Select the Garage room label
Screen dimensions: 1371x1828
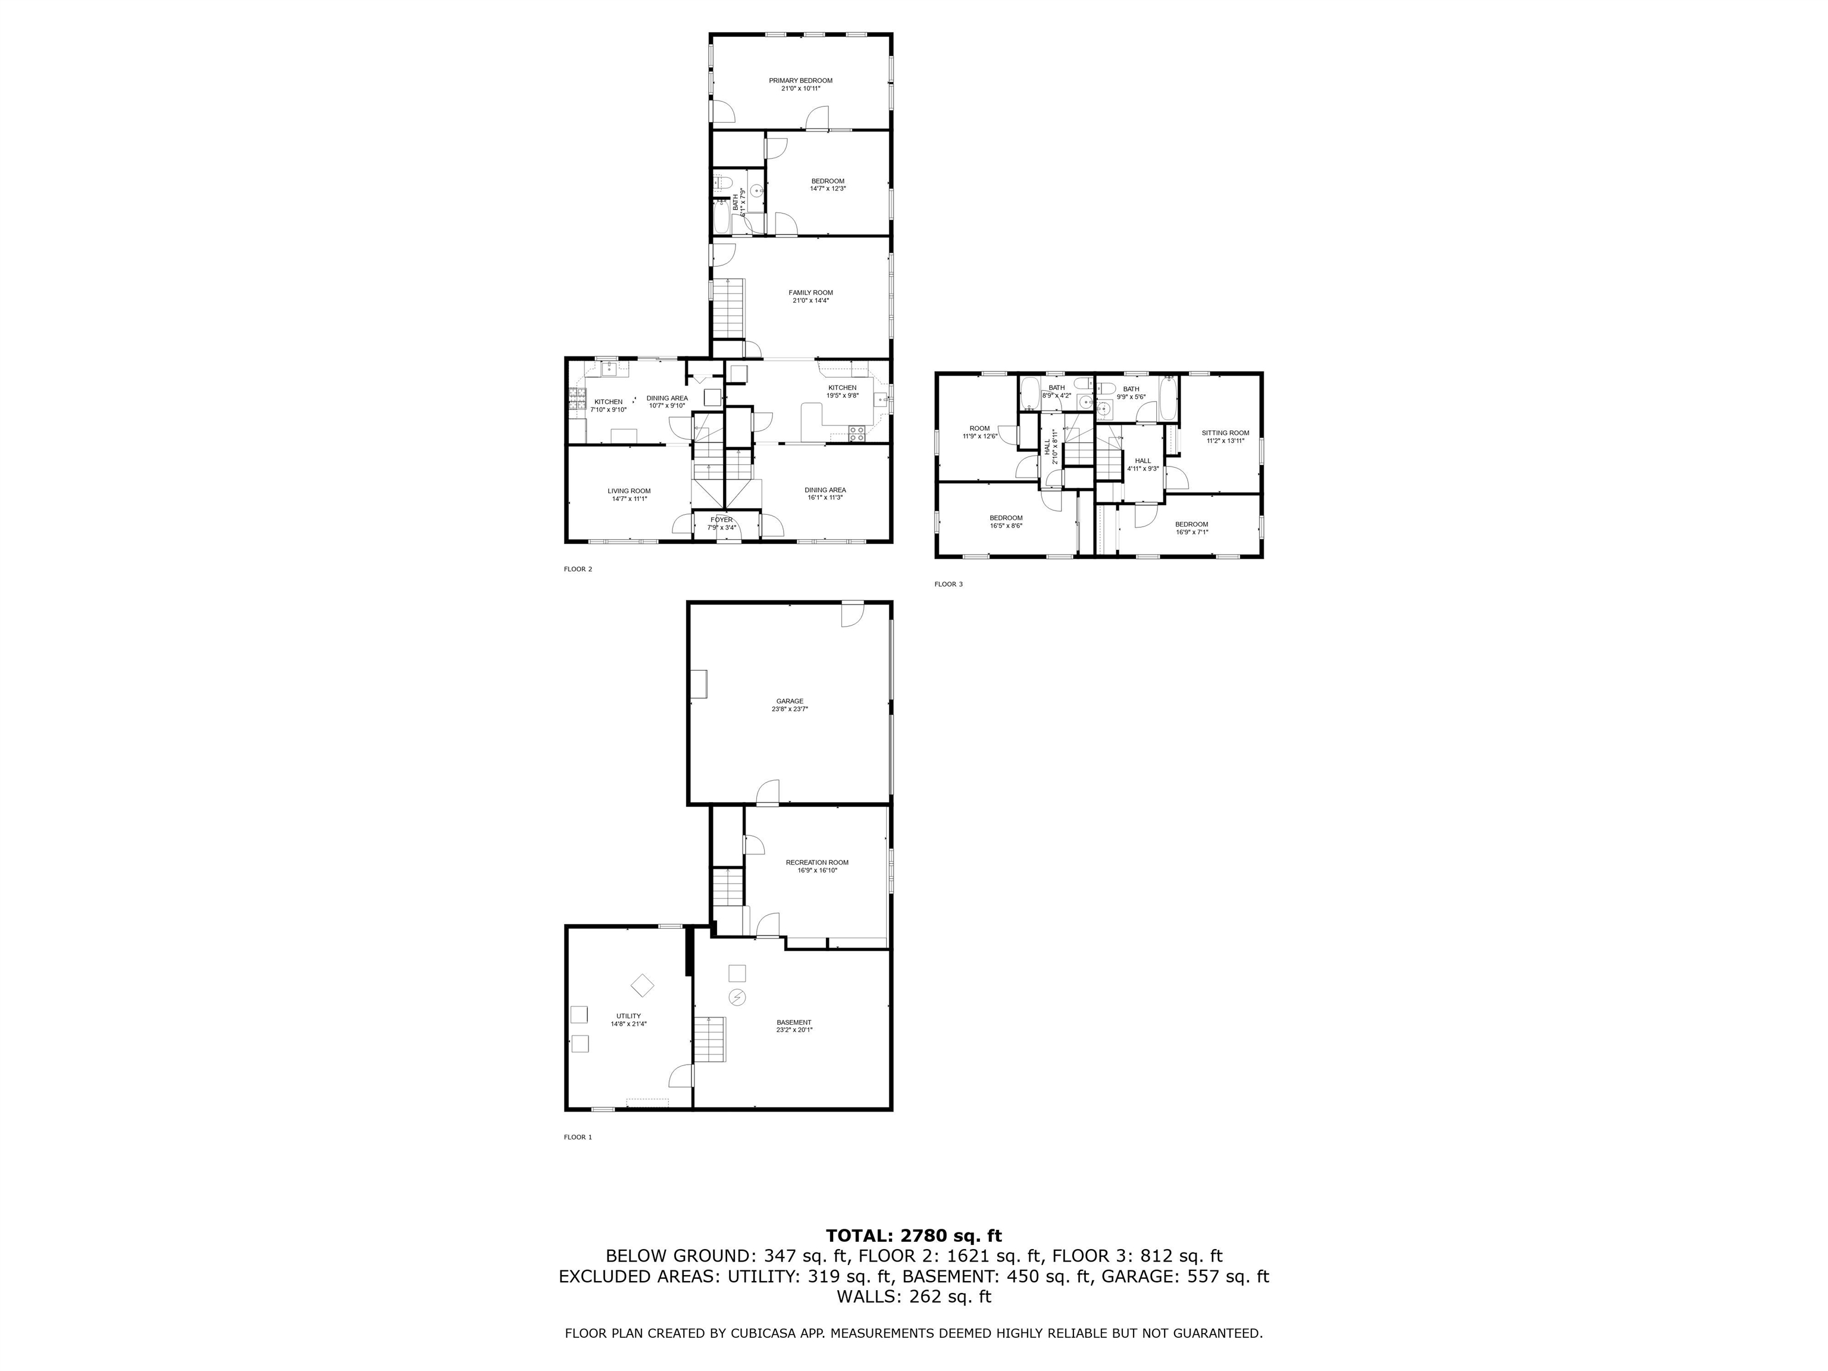click(x=789, y=701)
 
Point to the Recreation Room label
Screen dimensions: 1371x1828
click(x=816, y=862)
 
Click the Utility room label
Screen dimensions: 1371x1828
click(x=628, y=1016)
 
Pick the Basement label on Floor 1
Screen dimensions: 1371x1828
click(x=793, y=1022)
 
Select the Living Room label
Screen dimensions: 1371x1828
click(x=629, y=491)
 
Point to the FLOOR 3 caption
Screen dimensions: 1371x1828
click(x=948, y=584)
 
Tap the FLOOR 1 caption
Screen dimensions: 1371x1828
click(x=578, y=1137)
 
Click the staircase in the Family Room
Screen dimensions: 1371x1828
click(x=729, y=306)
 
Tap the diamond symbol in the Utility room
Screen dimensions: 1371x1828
click(x=642, y=985)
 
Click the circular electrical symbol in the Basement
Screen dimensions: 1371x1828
click(x=736, y=997)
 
